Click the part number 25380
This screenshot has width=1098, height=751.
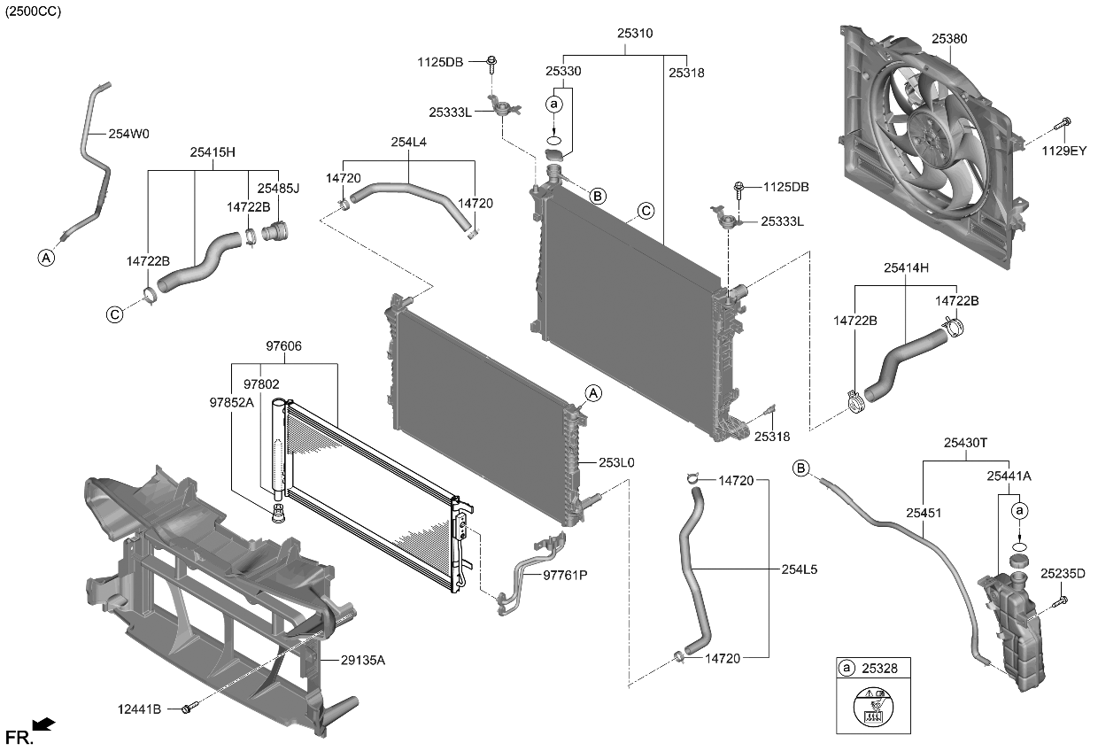[x=949, y=39]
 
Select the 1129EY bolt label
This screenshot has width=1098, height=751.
[x=1063, y=151]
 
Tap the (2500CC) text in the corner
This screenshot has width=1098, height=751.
[x=34, y=11]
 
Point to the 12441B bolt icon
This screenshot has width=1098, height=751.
[x=187, y=708]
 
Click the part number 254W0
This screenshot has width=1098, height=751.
[x=128, y=135]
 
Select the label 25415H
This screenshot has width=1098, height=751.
[x=212, y=151]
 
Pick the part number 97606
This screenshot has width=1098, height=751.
[x=283, y=345]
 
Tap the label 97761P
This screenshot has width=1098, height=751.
[x=565, y=575]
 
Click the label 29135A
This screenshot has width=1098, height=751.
[x=364, y=660]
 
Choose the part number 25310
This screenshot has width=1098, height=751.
[x=634, y=33]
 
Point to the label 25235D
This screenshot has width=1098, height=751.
[x=1063, y=574]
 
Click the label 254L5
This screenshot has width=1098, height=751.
[x=799, y=569]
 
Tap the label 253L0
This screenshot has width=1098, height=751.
[x=616, y=462]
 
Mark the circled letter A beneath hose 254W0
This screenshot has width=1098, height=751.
[x=45, y=258]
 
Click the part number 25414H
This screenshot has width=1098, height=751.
[x=908, y=267]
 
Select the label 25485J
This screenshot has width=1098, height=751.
[x=278, y=188]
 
